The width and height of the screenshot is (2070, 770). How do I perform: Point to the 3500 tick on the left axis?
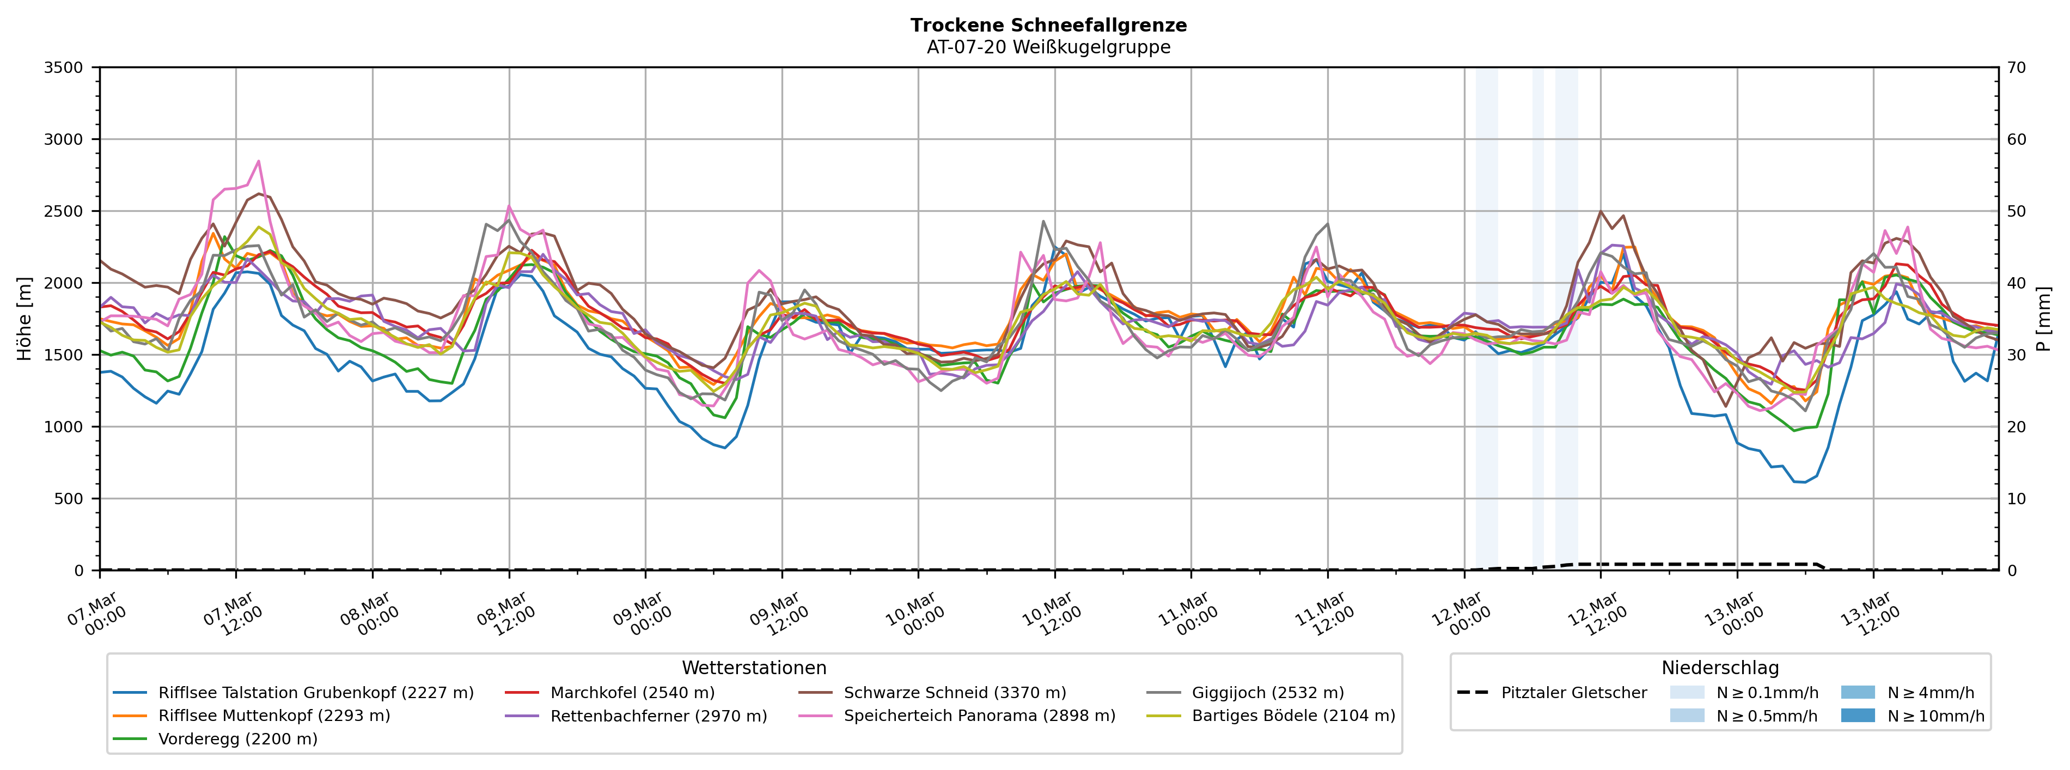pyautogui.click(x=64, y=68)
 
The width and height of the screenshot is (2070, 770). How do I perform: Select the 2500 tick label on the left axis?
pyautogui.click(x=64, y=211)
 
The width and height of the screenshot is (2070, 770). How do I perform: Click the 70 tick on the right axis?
pyautogui.click(x=2017, y=68)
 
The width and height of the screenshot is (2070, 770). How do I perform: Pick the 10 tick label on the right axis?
pyautogui.click(x=2017, y=498)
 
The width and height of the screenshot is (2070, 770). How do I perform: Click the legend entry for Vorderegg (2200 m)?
pyautogui.click(x=237, y=738)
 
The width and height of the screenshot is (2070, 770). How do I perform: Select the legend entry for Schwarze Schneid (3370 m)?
pyautogui.click(x=955, y=693)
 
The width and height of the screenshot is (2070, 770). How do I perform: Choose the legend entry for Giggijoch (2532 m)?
pyautogui.click(x=1267, y=693)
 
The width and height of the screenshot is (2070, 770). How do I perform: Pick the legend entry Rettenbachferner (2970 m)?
pyautogui.click(x=658, y=716)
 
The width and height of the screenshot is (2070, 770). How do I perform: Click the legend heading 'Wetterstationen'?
pyautogui.click(x=754, y=668)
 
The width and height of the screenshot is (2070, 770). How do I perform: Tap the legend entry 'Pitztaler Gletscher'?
pyautogui.click(x=1573, y=693)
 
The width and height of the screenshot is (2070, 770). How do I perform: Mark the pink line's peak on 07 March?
pyautogui.click(x=259, y=161)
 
